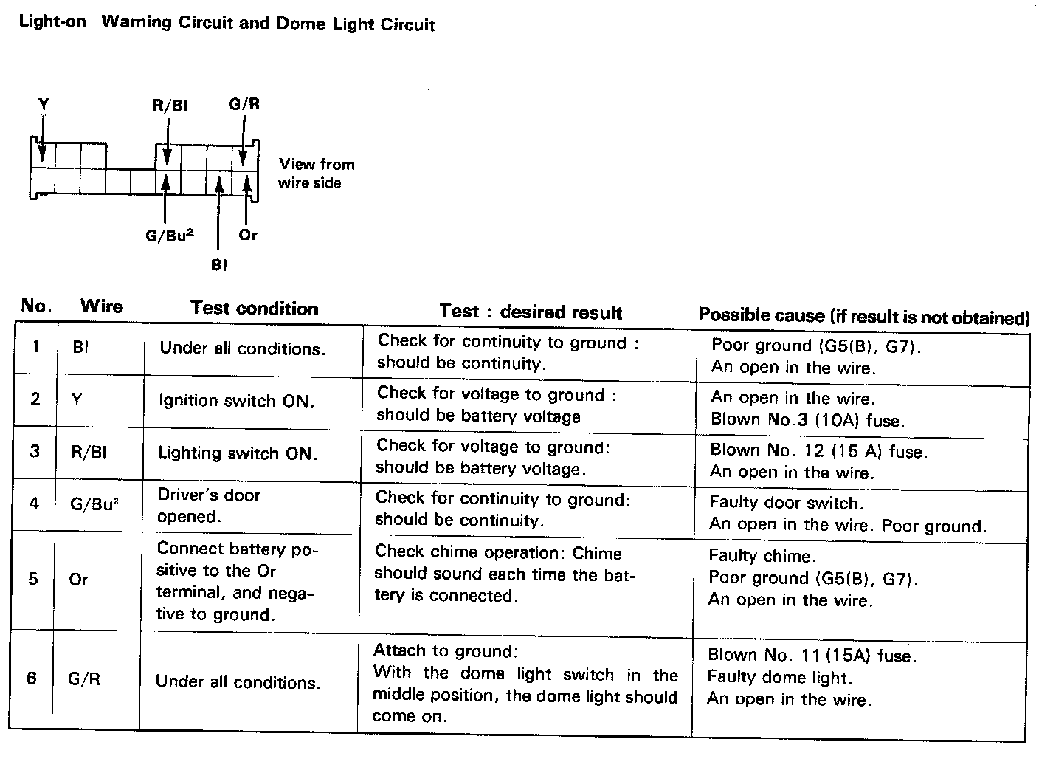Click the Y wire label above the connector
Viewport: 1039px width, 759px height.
pyautogui.click(x=44, y=105)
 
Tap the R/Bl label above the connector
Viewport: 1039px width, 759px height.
pyautogui.click(x=170, y=106)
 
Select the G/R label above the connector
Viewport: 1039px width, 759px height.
pyautogui.click(x=244, y=104)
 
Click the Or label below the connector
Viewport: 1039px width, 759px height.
pyautogui.click(x=248, y=235)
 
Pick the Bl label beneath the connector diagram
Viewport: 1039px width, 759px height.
pyautogui.click(x=218, y=265)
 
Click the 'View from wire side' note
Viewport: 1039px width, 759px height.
pyautogui.click(x=316, y=174)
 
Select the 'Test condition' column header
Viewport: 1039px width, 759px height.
pyautogui.click(x=254, y=309)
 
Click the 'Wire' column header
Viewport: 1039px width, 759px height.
pyautogui.click(x=101, y=306)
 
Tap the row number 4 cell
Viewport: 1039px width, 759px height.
pyautogui.click(x=34, y=504)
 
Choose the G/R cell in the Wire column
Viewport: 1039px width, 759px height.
pyautogui.click(x=84, y=679)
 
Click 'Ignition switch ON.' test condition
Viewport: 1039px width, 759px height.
pyautogui.click(x=236, y=401)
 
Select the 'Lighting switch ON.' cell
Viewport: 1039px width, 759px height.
pyautogui.click(x=238, y=453)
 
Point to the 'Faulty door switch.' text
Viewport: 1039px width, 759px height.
pyautogui.click(x=785, y=504)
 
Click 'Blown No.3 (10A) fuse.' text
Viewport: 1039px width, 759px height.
pyautogui.click(x=807, y=420)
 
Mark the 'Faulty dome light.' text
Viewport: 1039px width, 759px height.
pyautogui.click(x=779, y=676)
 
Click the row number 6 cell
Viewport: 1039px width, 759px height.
pyautogui.click(x=32, y=678)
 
